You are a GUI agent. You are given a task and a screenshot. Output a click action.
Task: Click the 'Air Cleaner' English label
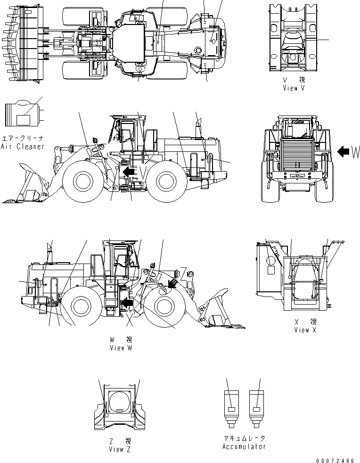pos(23,147)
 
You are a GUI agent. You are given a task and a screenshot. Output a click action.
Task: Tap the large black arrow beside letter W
pos(344,151)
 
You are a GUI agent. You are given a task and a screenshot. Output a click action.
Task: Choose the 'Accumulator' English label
pos(244,446)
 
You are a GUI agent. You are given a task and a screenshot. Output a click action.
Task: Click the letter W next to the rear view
pos(355,152)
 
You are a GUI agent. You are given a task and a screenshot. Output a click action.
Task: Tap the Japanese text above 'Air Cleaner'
pos(23,139)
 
